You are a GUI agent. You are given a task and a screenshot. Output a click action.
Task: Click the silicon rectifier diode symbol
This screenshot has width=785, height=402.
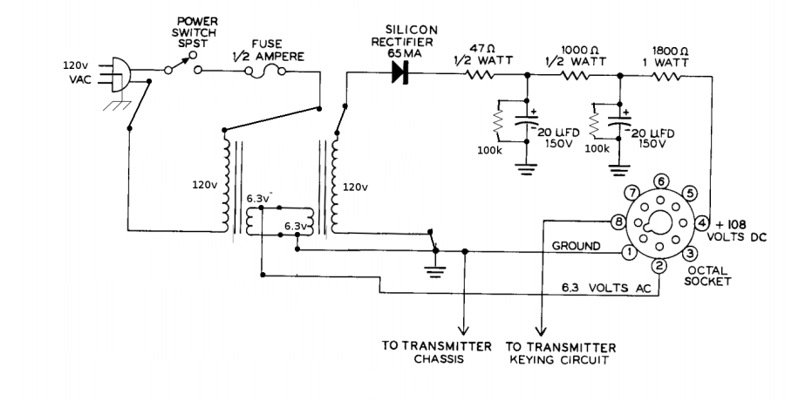click(402, 75)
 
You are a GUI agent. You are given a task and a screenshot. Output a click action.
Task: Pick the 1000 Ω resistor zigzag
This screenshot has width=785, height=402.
click(577, 75)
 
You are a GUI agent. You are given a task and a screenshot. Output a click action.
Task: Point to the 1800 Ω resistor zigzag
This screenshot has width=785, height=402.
click(669, 75)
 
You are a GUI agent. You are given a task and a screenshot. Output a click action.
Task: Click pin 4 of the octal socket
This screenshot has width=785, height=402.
click(702, 221)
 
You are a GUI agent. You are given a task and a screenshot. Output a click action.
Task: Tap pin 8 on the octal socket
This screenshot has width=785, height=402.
click(618, 221)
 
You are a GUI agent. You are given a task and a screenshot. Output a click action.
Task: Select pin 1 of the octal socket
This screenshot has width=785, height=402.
click(627, 252)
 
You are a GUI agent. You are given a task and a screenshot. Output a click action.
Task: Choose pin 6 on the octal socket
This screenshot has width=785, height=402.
click(662, 181)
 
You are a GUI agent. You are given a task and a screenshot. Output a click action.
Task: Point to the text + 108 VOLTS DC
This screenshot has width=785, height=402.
click(740, 228)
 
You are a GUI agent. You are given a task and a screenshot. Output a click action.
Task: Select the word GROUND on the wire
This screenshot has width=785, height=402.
click(576, 246)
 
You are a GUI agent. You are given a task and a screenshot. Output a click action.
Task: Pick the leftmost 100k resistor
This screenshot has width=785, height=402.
click(499, 126)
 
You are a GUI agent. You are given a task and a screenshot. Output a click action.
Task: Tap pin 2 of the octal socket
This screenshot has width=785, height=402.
click(660, 265)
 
